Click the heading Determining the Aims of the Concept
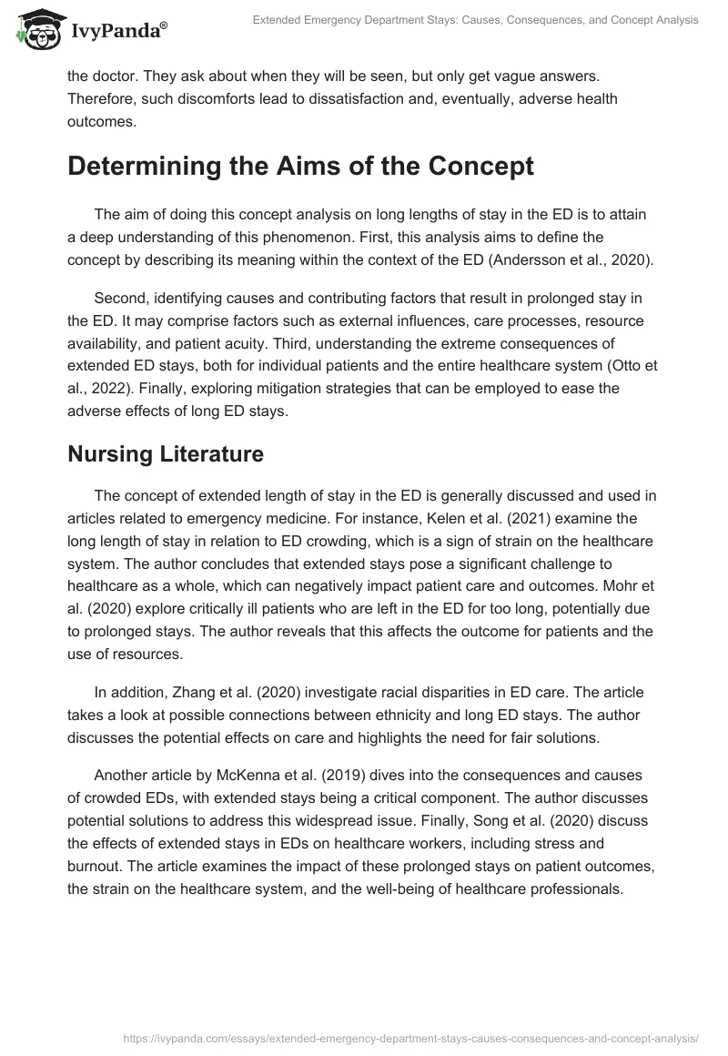299,168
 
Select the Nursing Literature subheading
165,454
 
